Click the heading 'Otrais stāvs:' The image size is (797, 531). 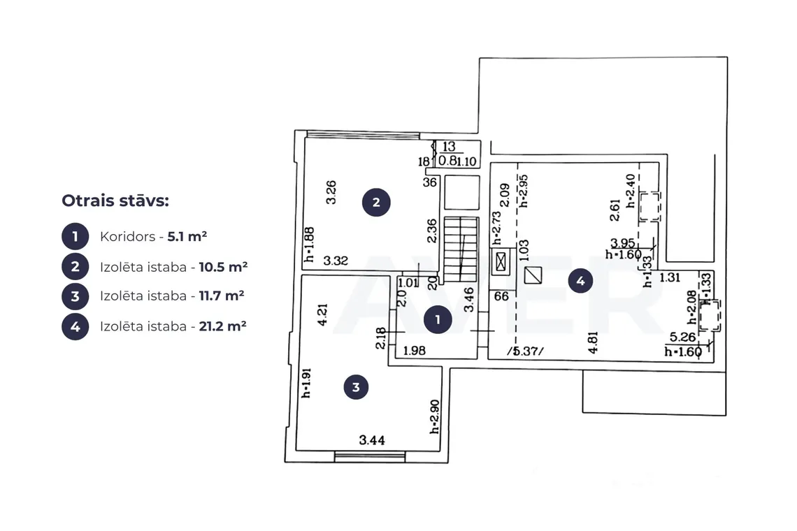(115, 201)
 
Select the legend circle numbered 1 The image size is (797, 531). (76, 236)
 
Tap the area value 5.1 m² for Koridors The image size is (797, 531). (187, 236)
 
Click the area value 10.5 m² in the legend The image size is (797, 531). (223, 267)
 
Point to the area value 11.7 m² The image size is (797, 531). (222, 296)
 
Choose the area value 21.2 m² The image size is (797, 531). (222, 326)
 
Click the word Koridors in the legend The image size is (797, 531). (127, 237)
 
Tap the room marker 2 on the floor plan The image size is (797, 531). (376, 202)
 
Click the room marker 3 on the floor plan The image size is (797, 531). (356, 387)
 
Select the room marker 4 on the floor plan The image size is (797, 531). (580, 280)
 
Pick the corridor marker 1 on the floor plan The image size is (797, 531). (438, 319)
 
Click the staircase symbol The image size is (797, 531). (461, 249)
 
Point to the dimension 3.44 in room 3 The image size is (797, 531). (372, 440)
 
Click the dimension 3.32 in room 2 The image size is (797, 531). (336, 261)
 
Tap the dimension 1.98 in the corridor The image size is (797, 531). (415, 351)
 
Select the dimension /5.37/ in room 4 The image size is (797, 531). (526, 351)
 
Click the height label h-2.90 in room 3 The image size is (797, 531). (435, 416)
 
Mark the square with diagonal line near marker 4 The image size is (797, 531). (533, 275)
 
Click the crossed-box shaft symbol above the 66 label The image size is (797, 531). (501, 262)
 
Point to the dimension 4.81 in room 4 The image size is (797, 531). (593, 342)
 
